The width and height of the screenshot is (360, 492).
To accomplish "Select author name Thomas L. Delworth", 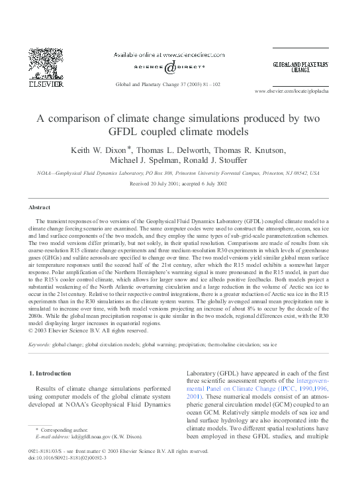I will point(170,151).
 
